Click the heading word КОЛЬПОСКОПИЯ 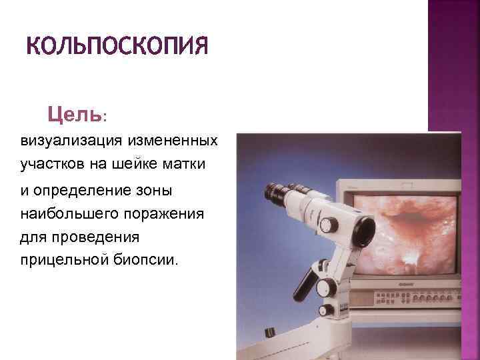117,47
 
